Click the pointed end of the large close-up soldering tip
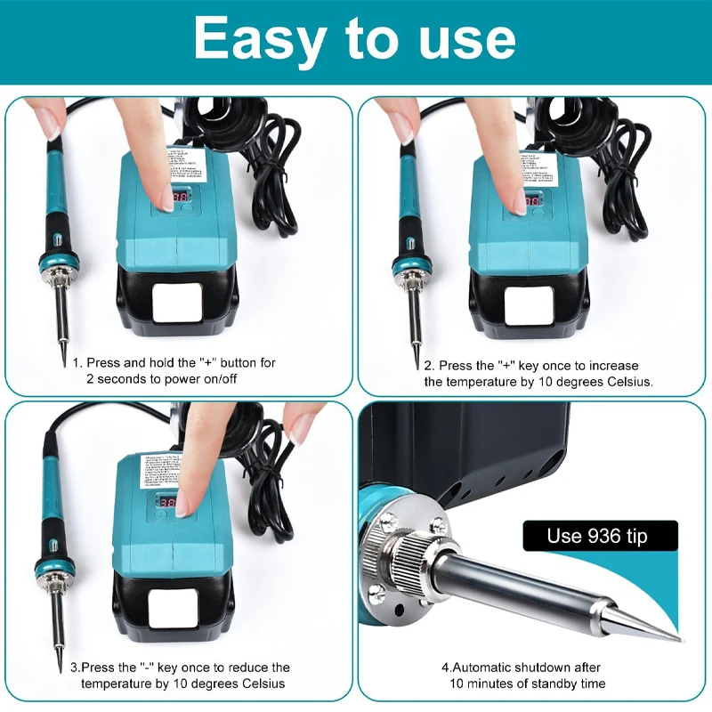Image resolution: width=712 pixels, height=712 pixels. click(678, 638)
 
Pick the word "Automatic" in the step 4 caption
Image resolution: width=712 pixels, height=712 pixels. click(488, 667)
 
